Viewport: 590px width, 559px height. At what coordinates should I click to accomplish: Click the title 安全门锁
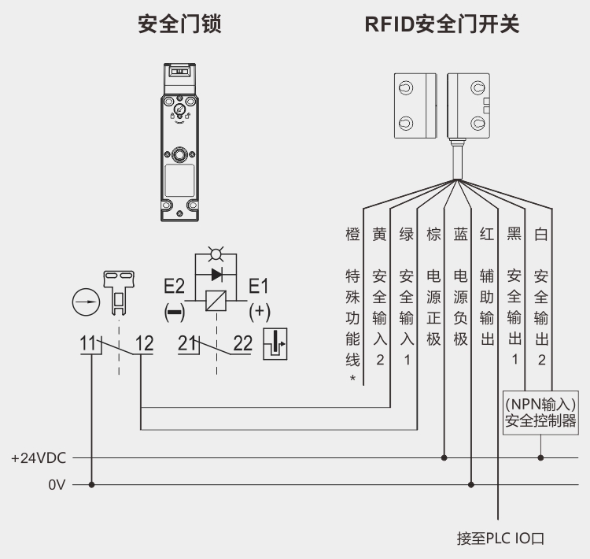pos(179,25)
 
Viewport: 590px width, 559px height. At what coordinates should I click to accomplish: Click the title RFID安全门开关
pos(442,25)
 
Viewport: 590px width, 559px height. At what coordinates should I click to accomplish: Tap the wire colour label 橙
pos(353,234)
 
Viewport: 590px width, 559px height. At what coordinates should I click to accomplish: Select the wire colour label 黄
pos(380,234)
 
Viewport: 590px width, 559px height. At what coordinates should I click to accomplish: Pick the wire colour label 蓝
pos(460,234)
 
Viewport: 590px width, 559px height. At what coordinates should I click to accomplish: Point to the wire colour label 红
pos(487,234)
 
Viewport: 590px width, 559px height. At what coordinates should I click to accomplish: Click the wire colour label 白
pos(540,234)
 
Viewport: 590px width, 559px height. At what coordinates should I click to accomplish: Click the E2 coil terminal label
pos(174,286)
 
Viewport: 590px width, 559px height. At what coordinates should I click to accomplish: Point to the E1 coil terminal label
pos(259,286)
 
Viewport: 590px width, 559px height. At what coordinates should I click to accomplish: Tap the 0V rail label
pos(56,485)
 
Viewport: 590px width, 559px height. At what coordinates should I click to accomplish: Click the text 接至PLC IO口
pos(500,539)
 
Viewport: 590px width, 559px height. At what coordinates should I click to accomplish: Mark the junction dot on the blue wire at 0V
pos(471,485)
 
